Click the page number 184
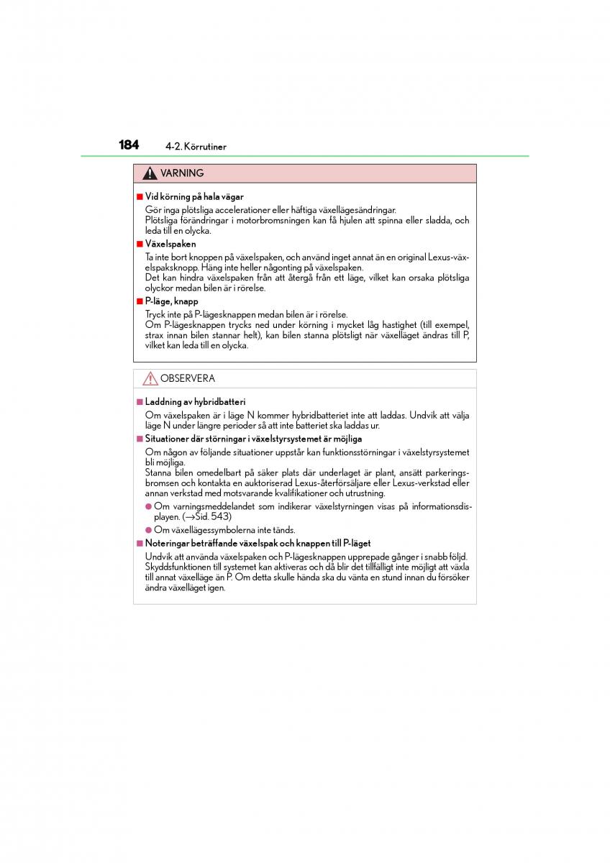tap(129, 145)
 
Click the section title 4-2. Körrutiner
tap(196, 147)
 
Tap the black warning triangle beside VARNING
tap(150, 173)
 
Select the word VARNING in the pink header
tap(182, 173)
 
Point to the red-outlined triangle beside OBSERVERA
tap(150, 378)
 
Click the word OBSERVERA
tap(187, 378)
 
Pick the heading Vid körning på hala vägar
tap(194, 196)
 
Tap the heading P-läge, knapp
tap(171, 301)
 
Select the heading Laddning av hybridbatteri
tap(195, 402)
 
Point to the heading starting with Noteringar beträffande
tap(258, 544)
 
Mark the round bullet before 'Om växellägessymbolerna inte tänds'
tap(148, 530)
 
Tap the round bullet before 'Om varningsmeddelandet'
tap(148, 506)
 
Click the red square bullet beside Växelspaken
tap(140, 244)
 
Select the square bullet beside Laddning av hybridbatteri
tap(140, 402)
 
